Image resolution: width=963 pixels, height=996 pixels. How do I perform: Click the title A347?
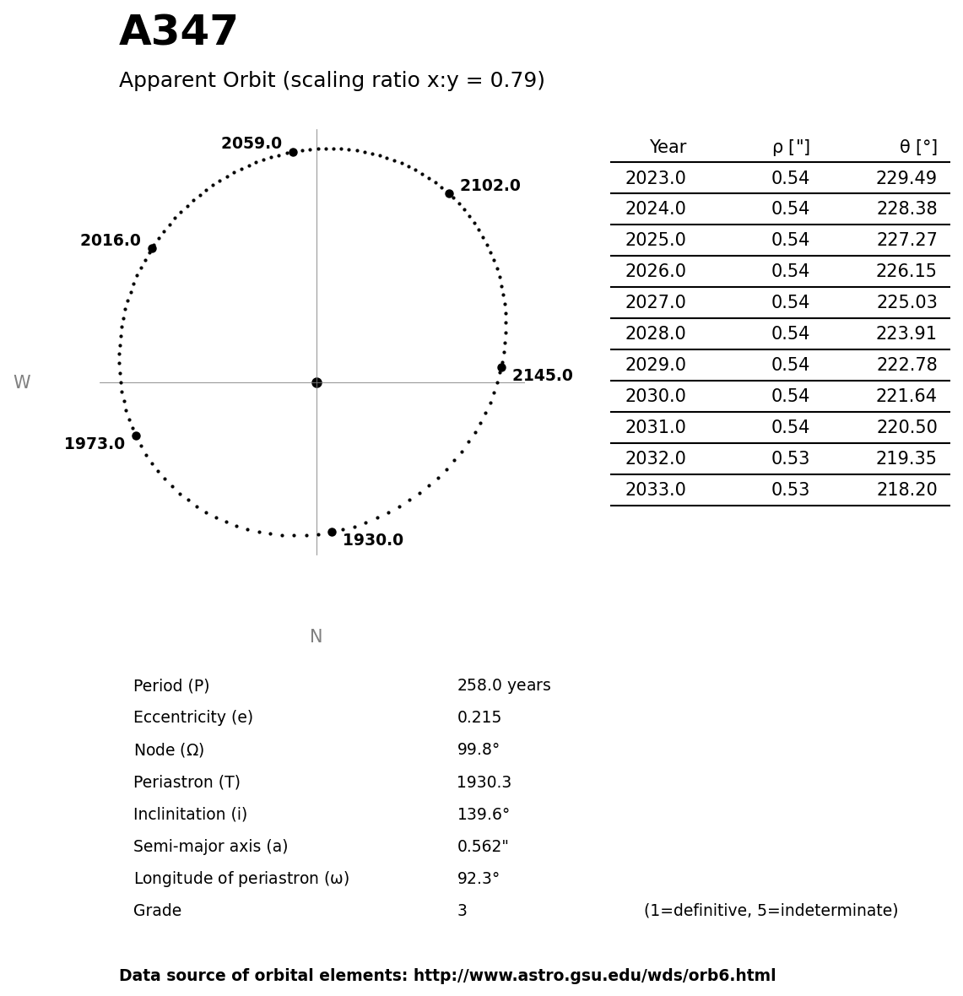(178, 32)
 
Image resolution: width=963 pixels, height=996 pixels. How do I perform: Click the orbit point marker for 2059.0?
(293, 153)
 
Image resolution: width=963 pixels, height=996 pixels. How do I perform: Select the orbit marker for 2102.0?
(449, 193)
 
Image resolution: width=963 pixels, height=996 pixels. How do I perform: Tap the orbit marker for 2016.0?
(152, 248)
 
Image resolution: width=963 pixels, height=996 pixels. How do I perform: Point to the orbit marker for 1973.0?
(136, 436)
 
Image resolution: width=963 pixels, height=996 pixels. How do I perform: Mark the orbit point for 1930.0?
(332, 532)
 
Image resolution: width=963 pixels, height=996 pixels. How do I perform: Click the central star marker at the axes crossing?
(316, 382)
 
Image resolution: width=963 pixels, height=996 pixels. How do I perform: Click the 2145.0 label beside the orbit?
(542, 376)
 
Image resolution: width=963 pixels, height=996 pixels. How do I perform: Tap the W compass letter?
(22, 382)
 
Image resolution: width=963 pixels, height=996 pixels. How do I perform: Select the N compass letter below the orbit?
(316, 636)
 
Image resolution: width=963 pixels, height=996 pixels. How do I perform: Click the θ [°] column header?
(917, 147)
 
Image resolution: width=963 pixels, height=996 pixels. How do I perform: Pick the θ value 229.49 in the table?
(906, 178)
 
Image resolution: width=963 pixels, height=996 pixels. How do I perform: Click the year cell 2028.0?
(655, 334)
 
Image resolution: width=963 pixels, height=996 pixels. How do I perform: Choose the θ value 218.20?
(906, 490)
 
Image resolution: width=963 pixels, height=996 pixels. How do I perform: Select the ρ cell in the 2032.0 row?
(790, 459)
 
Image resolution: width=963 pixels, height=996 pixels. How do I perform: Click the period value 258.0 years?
(503, 685)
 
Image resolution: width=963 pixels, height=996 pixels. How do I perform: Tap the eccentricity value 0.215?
(479, 717)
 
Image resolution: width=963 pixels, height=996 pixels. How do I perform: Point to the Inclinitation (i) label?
(190, 815)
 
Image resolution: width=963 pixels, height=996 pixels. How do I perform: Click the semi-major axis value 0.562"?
(482, 847)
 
